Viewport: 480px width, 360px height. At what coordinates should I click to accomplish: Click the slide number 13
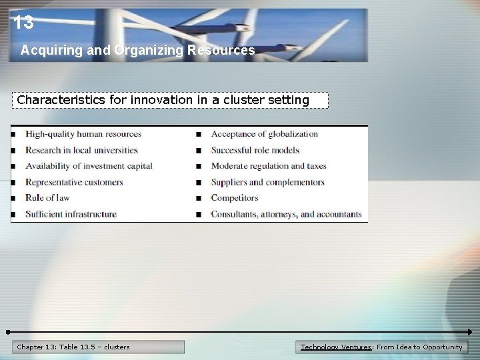(x=23, y=23)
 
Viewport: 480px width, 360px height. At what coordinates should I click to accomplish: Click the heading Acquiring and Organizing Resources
(x=137, y=50)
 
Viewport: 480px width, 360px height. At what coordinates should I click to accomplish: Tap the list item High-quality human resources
(x=83, y=134)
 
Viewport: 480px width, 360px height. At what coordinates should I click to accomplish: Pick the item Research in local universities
(x=81, y=150)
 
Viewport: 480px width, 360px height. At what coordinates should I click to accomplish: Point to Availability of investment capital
(x=89, y=166)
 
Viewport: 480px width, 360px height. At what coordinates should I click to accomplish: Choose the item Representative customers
(x=74, y=182)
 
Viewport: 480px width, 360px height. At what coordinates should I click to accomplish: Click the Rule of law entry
(x=47, y=198)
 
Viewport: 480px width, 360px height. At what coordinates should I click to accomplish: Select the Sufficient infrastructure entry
(x=71, y=214)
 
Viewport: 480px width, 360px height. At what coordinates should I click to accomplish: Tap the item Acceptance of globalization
(x=264, y=134)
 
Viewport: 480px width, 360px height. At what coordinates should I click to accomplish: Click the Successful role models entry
(x=255, y=150)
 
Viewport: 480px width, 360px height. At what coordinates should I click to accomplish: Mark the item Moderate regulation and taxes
(x=269, y=166)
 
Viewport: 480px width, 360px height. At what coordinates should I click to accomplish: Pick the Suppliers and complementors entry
(x=267, y=182)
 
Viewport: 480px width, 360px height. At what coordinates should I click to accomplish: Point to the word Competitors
(x=234, y=198)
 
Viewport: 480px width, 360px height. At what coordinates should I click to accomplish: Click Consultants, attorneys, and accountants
(x=286, y=214)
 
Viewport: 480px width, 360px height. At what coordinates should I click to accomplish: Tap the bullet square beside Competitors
(x=199, y=199)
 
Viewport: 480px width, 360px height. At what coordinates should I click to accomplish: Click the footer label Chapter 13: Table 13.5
(x=73, y=347)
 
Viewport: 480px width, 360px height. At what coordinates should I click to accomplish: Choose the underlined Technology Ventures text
(x=336, y=347)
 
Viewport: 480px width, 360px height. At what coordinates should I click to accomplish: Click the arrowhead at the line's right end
(x=469, y=331)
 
